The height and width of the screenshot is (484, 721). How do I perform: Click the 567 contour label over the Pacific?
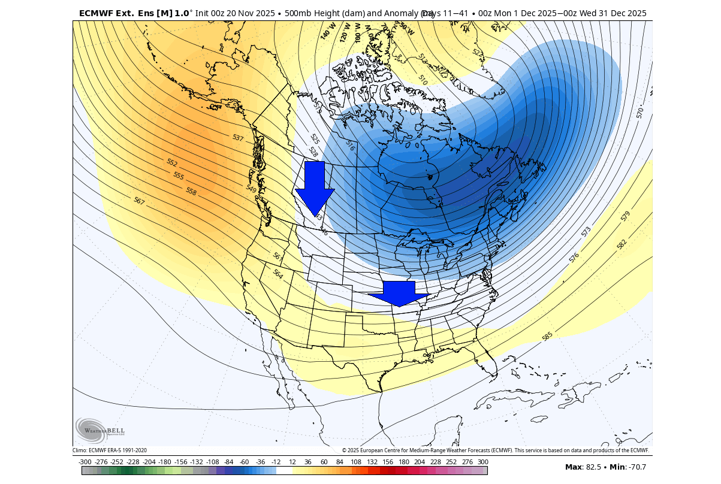(139, 201)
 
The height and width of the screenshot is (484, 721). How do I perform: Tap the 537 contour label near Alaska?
(238, 138)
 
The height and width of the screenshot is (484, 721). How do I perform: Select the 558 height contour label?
(191, 192)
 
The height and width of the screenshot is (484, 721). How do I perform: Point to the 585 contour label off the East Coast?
(547, 337)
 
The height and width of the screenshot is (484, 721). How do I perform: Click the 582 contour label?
(622, 244)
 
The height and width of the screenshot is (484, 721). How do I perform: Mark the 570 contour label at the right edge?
(640, 113)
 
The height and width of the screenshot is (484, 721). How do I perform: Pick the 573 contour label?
(586, 231)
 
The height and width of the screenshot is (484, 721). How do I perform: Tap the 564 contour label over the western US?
(277, 274)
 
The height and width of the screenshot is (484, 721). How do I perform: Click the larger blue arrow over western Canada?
(315, 187)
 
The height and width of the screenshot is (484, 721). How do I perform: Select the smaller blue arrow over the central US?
(399, 294)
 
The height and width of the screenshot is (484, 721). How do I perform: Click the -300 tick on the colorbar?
(85, 462)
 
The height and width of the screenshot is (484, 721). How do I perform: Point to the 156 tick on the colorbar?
(388, 462)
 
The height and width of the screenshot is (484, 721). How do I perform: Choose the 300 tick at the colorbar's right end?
(483, 462)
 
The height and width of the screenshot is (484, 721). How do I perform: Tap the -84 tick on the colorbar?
(228, 462)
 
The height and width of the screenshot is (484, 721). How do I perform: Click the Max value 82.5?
(599, 467)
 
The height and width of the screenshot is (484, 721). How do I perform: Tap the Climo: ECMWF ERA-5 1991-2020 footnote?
(110, 450)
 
